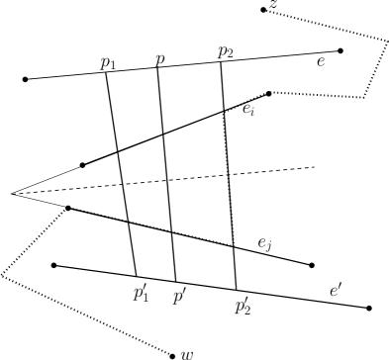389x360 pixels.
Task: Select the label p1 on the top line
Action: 108,62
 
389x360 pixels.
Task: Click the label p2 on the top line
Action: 229,52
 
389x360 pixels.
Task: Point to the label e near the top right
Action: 320,61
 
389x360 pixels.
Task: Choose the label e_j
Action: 265,242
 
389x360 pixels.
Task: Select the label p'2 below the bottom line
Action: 243,305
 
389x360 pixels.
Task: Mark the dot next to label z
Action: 262,10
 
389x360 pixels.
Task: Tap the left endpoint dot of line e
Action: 26,79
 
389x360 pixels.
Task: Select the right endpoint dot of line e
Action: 340,50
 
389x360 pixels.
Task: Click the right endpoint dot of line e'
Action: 369,309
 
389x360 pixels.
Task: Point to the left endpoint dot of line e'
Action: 53,265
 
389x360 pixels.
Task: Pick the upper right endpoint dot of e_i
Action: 269,94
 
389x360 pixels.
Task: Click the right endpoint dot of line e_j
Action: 312,265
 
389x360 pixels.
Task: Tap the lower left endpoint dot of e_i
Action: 82,164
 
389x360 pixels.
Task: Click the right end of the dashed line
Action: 315,167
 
